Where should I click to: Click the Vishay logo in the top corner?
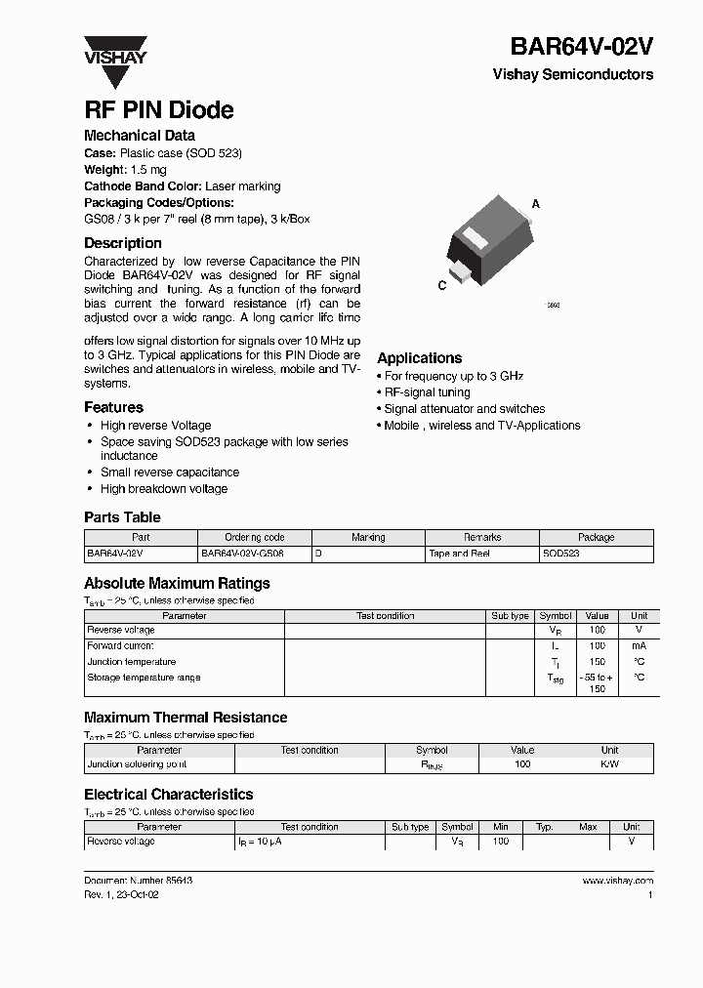click(114, 50)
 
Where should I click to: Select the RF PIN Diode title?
click(158, 110)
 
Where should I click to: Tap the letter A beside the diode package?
click(535, 204)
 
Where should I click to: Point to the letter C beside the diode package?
click(442, 285)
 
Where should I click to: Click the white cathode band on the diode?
click(474, 237)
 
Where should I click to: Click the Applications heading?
click(419, 358)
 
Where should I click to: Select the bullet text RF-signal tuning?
click(427, 392)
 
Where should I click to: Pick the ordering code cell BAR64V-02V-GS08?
click(240, 554)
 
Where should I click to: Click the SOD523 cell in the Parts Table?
click(561, 554)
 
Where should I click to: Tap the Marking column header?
click(368, 537)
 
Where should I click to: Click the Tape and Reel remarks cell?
click(458, 554)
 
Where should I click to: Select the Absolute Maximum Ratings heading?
click(177, 583)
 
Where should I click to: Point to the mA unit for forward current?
click(639, 646)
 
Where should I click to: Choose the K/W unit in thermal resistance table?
click(609, 764)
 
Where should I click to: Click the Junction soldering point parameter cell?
click(137, 764)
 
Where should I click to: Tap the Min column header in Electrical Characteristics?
click(500, 827)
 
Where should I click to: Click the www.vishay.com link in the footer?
click(617, 881)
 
